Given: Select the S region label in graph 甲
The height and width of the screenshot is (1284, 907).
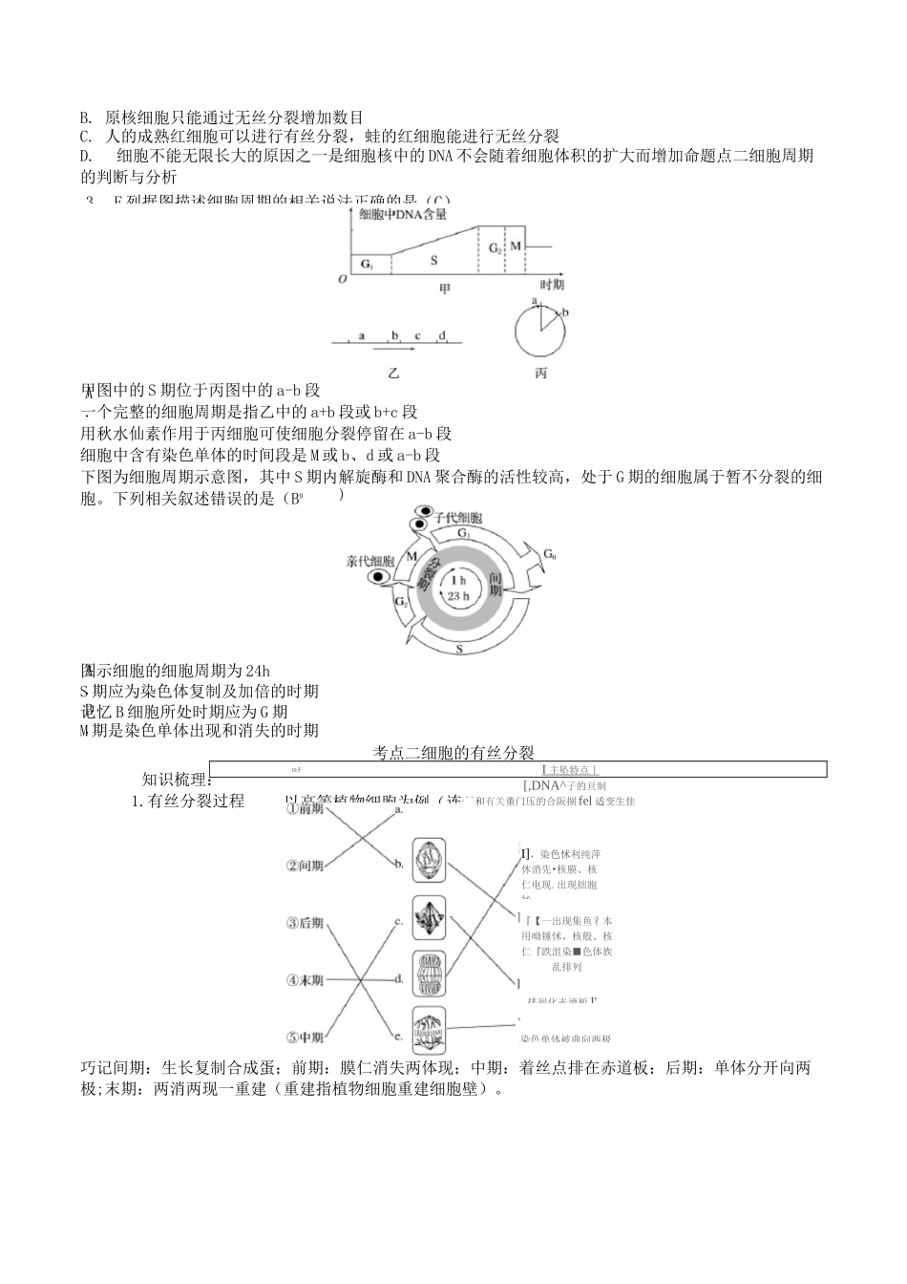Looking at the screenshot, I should click(x=434, y=259).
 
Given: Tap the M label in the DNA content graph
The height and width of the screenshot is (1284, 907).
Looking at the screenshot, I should click(x=516, y=246).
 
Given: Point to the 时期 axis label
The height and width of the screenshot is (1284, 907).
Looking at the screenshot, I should click(x=552, y=285).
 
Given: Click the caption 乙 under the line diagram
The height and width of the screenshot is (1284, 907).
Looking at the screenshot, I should click(x=393, y=373).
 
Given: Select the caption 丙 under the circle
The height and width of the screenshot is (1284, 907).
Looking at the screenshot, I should click(x=540, y=373).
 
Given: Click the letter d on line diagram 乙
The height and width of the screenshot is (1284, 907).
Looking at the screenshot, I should click(x=442, y=335).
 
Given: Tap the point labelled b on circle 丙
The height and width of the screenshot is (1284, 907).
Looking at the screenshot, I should click(x=564, y=312).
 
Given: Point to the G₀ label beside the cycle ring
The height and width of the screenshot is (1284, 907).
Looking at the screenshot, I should click(x=550, y=554).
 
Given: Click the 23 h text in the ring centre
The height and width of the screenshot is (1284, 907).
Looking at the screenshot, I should click(x=458, y=596).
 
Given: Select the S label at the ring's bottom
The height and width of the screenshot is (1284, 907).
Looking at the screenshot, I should click(x=459, y=649).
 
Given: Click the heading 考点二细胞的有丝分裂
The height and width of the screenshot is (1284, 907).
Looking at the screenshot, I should click(x=459, y=753).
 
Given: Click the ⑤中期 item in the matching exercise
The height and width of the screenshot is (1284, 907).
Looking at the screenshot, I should click(x=306, y=1037).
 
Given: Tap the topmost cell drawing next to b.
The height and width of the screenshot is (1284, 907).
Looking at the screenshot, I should click(x=428, y=860).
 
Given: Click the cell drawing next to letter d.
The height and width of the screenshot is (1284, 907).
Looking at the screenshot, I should click(x=428, y=975).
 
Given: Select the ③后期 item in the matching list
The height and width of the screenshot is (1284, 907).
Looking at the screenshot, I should click(x=306, y=923).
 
